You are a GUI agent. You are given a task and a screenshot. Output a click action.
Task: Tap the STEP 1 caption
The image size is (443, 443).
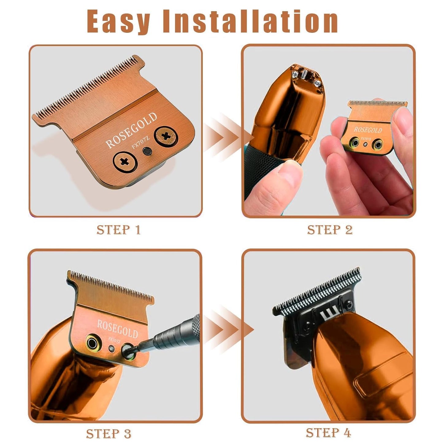118,230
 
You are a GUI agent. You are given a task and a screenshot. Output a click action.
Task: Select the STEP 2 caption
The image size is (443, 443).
330,230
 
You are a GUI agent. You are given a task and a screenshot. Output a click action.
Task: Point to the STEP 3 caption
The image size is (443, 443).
109,433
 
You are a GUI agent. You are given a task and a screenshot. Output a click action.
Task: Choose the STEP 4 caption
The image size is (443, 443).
328,433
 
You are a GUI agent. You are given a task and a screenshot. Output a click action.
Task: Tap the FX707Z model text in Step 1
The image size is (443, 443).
140,143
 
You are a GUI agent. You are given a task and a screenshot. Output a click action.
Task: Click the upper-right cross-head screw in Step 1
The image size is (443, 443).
166,136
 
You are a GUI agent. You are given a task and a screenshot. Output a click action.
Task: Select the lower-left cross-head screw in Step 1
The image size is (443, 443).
124,161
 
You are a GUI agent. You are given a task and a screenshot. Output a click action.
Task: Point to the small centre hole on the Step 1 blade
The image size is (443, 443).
147,151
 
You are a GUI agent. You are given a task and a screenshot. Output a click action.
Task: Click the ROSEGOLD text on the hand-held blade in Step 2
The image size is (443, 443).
368,130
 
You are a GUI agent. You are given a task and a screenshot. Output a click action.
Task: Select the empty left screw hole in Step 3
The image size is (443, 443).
92,342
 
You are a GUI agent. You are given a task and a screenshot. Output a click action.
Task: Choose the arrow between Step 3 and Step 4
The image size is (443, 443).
228,330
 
